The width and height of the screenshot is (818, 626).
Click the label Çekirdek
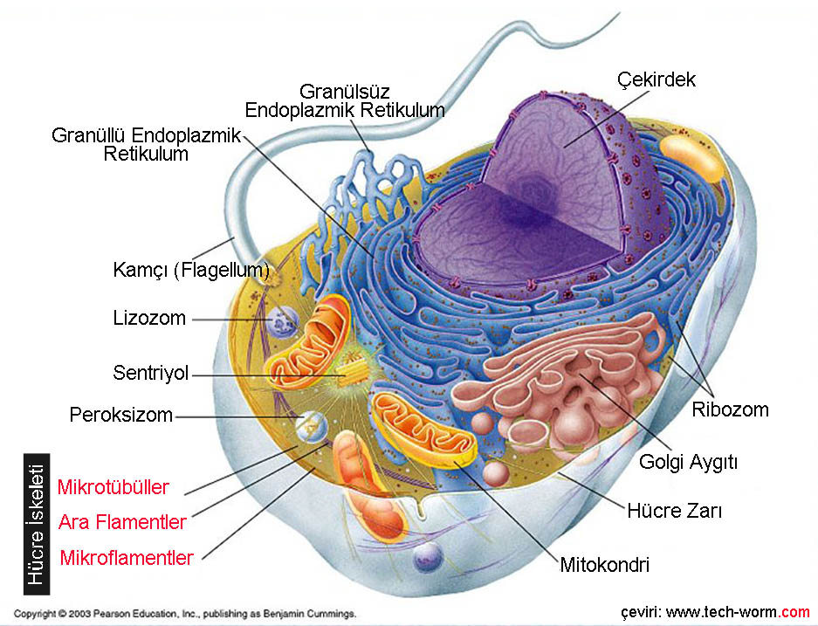[656, 79]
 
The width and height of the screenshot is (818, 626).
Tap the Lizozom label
[149, 318]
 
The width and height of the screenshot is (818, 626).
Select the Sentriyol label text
[151, 374]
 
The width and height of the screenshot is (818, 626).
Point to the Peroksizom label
[121, 415]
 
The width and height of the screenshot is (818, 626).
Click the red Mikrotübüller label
[113, 487]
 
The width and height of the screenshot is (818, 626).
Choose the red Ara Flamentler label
[122, 522]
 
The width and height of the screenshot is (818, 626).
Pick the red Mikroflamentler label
[127, 557]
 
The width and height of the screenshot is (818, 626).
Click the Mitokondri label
[604, 564]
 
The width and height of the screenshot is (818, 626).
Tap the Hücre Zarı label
[674, 510]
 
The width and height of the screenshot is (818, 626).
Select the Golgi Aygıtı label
[688, 462]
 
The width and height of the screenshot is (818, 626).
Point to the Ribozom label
[730, 409]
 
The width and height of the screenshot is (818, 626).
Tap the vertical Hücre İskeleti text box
[37, 524]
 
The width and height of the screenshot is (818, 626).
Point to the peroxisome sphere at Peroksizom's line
[309, 425]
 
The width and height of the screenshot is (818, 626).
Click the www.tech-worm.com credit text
[716, 610]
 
